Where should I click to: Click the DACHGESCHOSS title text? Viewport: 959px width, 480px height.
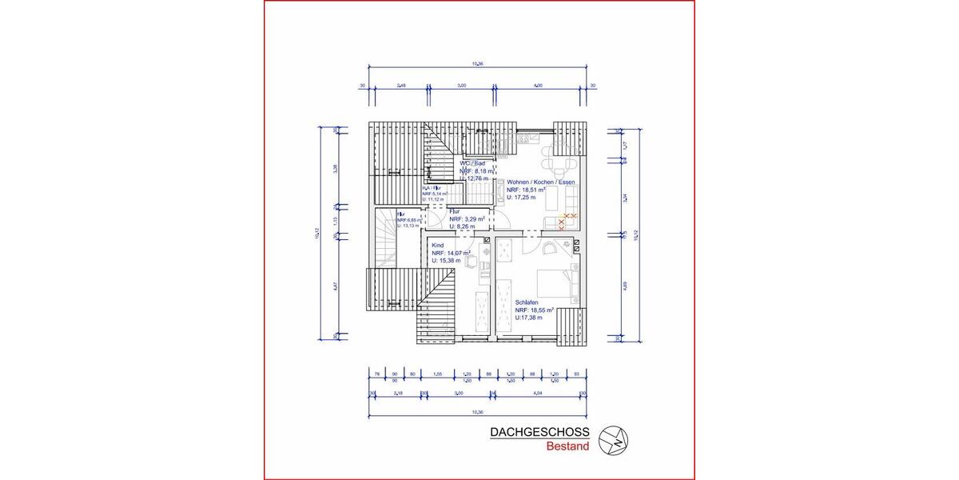[x=539, y=433]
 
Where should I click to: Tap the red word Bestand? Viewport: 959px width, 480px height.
[x=567, y=446]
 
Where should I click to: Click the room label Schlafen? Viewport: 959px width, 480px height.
[x=528, y=302]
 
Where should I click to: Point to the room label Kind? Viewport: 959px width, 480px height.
[x=437, y=245]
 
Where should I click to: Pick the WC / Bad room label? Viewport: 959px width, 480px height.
[x=472, y=163]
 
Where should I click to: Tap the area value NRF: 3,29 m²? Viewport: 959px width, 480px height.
[x=468, y=219]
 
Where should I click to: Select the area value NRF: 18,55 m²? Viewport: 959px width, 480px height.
[x=535, y=310]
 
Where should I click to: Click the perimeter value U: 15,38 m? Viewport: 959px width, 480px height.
[x=449, y=261]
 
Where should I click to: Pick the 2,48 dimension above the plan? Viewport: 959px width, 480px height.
[x=401, y=84]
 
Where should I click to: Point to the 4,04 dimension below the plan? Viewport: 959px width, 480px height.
[x=537, y=394]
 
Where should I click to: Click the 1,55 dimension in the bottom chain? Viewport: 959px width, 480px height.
[x=438, y=374]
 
